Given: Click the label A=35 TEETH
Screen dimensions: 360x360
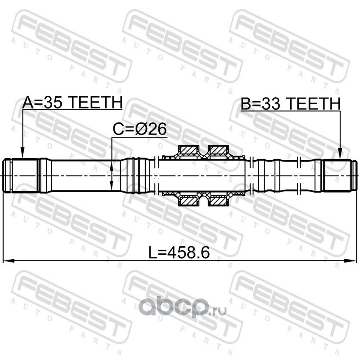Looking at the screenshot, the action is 72,103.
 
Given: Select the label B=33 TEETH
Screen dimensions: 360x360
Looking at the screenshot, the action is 290,104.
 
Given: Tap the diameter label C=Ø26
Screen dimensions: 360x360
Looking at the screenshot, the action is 139,129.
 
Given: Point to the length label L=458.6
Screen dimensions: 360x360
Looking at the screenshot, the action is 179,252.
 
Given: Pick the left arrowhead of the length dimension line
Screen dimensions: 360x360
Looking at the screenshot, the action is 8,261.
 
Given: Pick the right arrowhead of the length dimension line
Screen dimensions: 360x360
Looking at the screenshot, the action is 351,261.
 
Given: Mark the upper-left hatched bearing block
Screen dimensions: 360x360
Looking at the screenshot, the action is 188,150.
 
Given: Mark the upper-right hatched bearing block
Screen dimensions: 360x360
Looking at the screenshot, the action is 217,150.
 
